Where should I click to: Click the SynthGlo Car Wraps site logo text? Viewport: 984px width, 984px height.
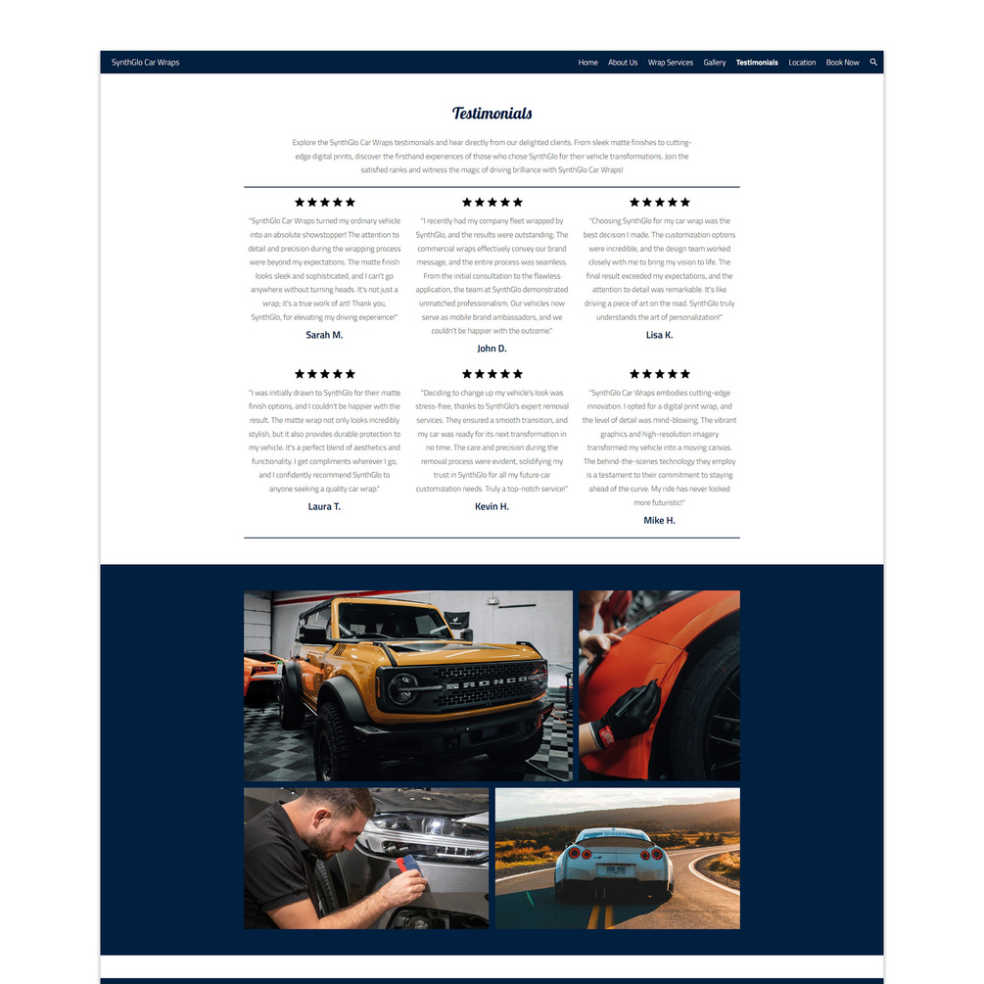(145, 62)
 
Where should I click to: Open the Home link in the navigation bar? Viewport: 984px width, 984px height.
(587, 62)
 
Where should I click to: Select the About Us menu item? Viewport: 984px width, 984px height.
(623, 62)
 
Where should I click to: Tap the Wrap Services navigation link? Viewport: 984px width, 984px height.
(671, 62)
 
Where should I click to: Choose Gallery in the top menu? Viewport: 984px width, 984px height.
(714, 62)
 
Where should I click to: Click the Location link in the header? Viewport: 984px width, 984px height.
(802, 62)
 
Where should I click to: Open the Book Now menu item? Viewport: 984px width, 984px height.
(842, 62)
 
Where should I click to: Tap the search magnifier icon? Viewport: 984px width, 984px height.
(873, 62)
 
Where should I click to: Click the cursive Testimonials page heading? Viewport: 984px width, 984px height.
(492, 113)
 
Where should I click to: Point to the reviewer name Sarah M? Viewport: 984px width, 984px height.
(324, 335)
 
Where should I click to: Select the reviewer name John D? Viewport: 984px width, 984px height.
(492, 349)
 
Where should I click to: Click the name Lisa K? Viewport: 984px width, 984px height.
(659, 335)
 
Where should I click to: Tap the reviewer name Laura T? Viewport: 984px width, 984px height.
(324, 506)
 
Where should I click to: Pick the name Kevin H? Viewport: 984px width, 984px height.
(492, 506)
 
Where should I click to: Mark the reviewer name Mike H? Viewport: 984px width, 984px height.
(659, 520)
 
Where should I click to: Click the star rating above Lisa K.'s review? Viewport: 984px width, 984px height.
(659, 202)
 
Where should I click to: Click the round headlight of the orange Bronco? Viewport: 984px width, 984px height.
(401, 688)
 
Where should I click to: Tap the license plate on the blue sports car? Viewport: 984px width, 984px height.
(614, 869)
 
